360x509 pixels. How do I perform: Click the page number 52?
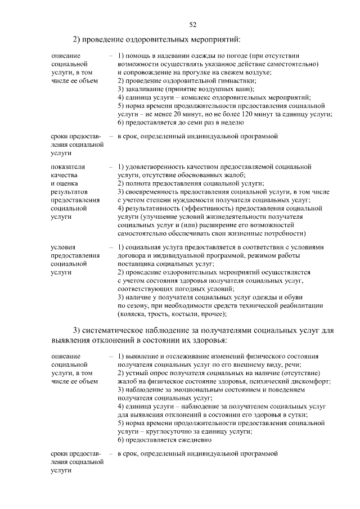(192, 24)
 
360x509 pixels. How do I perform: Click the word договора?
(132, 255)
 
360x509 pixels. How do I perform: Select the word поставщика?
(137, 263)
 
